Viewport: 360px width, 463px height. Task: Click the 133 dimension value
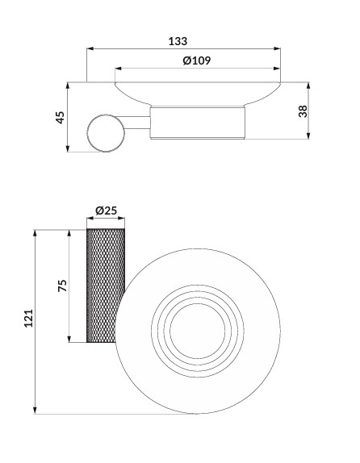coord(178,41)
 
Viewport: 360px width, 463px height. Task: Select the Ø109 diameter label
coord(197,60)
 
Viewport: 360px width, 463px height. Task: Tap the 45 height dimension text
coord(60,117)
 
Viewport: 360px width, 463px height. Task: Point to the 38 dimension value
coord(303,111)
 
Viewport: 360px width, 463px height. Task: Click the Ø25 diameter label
coord(106,211)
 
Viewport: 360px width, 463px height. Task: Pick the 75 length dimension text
coord(62,286)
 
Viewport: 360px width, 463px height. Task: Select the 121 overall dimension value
coord(28,318)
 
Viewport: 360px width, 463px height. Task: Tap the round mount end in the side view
coord(106,133)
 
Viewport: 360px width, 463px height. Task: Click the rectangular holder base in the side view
coord(198,123)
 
